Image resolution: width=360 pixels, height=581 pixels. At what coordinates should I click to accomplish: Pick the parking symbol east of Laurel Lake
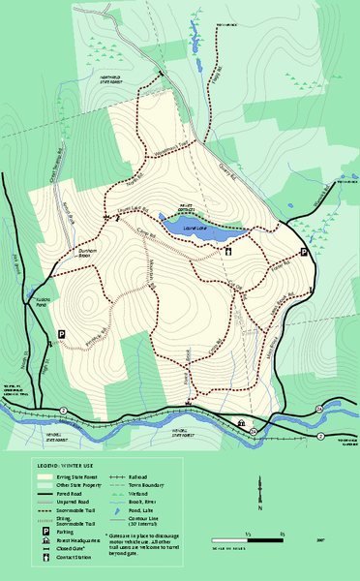[304, 252]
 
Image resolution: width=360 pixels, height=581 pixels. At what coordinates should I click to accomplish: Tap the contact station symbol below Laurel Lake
[227, 252]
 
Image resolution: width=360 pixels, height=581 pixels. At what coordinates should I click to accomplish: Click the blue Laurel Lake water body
[198, 230]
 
